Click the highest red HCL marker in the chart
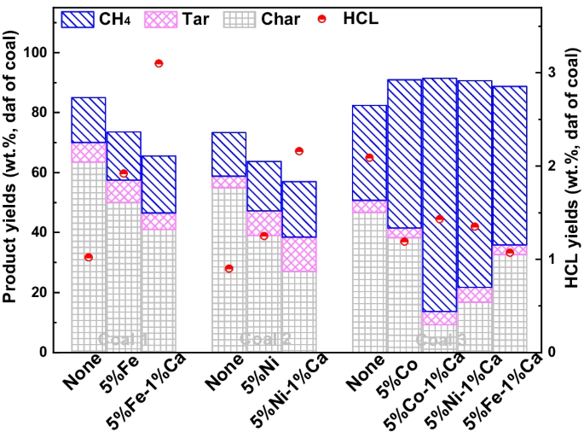pyautogui.click(x=159, y=63)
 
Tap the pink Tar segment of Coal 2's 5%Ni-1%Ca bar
pyautogui.click(x=299, y=254)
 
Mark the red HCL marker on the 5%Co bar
pyautogui.click(x=404, y=242)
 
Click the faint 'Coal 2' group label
pyautogui.click(x=264, y=339)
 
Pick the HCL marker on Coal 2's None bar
pyautogui.click(x=228, y=268)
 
